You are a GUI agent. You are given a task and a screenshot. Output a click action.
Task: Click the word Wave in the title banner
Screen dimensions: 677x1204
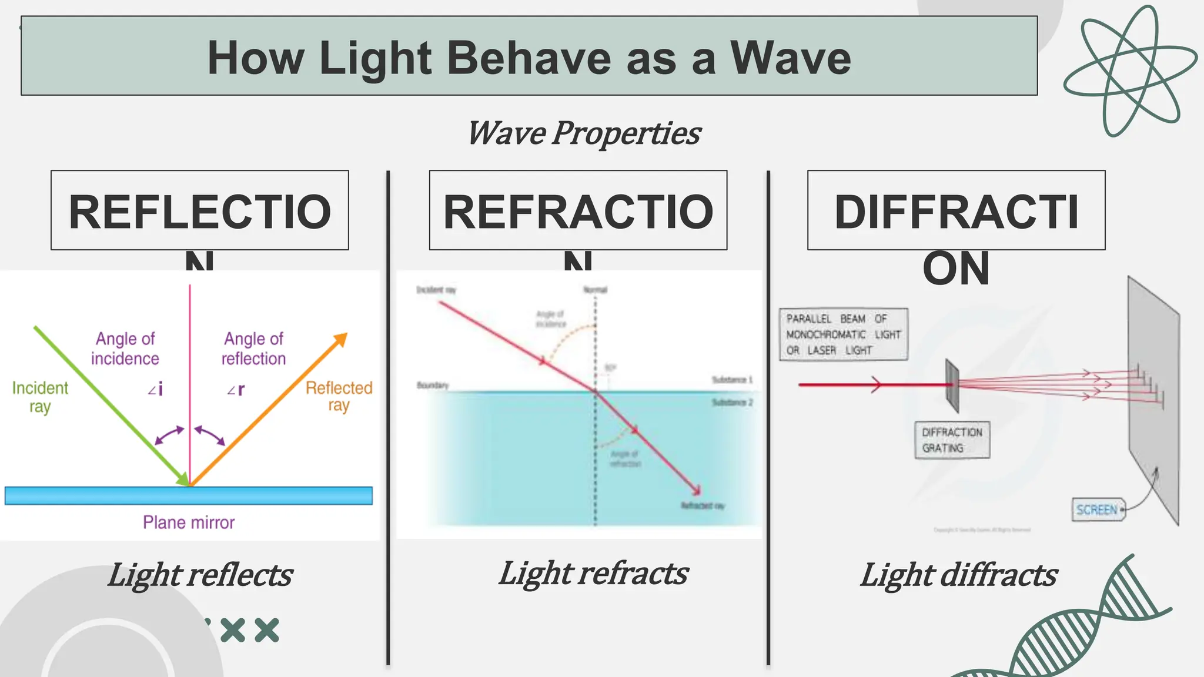coord(790,58)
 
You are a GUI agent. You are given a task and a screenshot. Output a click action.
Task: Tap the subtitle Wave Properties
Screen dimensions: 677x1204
coord(584,133)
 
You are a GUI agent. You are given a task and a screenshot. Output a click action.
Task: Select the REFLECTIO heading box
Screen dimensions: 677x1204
coord(200,210)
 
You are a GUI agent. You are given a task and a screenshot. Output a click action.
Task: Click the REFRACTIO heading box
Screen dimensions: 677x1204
coord(578,210)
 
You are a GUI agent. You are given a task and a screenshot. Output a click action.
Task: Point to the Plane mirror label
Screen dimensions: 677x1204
coord(189,522)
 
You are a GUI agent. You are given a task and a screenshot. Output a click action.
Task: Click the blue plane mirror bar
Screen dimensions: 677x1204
coord(189,495)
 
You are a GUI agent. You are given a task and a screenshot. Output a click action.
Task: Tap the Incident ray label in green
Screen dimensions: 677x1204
coord(40,397)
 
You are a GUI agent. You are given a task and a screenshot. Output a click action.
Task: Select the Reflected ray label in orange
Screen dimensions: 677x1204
coord(339,397)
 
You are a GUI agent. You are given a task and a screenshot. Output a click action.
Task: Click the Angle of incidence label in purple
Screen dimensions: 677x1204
coord(125,348)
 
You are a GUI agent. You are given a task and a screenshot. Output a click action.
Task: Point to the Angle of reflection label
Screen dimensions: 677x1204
coord(253,348)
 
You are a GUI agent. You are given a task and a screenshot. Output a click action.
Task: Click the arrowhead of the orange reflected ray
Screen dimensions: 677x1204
coord(341,340)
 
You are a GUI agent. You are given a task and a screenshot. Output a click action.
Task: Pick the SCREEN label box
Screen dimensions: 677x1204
coord(1098,510)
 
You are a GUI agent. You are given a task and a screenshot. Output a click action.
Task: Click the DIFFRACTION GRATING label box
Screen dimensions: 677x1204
coord(952,440)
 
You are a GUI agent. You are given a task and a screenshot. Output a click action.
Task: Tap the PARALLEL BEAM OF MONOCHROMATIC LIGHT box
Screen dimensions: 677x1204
coord(843,334)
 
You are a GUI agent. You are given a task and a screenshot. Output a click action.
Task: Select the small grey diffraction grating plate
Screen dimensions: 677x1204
coord(952,386)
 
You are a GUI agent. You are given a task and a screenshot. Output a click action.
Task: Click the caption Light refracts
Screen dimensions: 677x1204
coord(593,574)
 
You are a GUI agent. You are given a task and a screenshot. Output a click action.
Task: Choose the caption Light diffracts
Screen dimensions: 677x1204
coord(958,575)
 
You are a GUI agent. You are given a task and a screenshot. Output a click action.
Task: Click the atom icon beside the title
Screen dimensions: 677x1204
coord(1129,71)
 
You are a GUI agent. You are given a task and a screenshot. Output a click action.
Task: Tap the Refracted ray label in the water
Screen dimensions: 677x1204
coord(703,506)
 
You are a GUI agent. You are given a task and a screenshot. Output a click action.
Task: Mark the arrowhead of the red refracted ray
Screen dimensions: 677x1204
coord(697,490)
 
